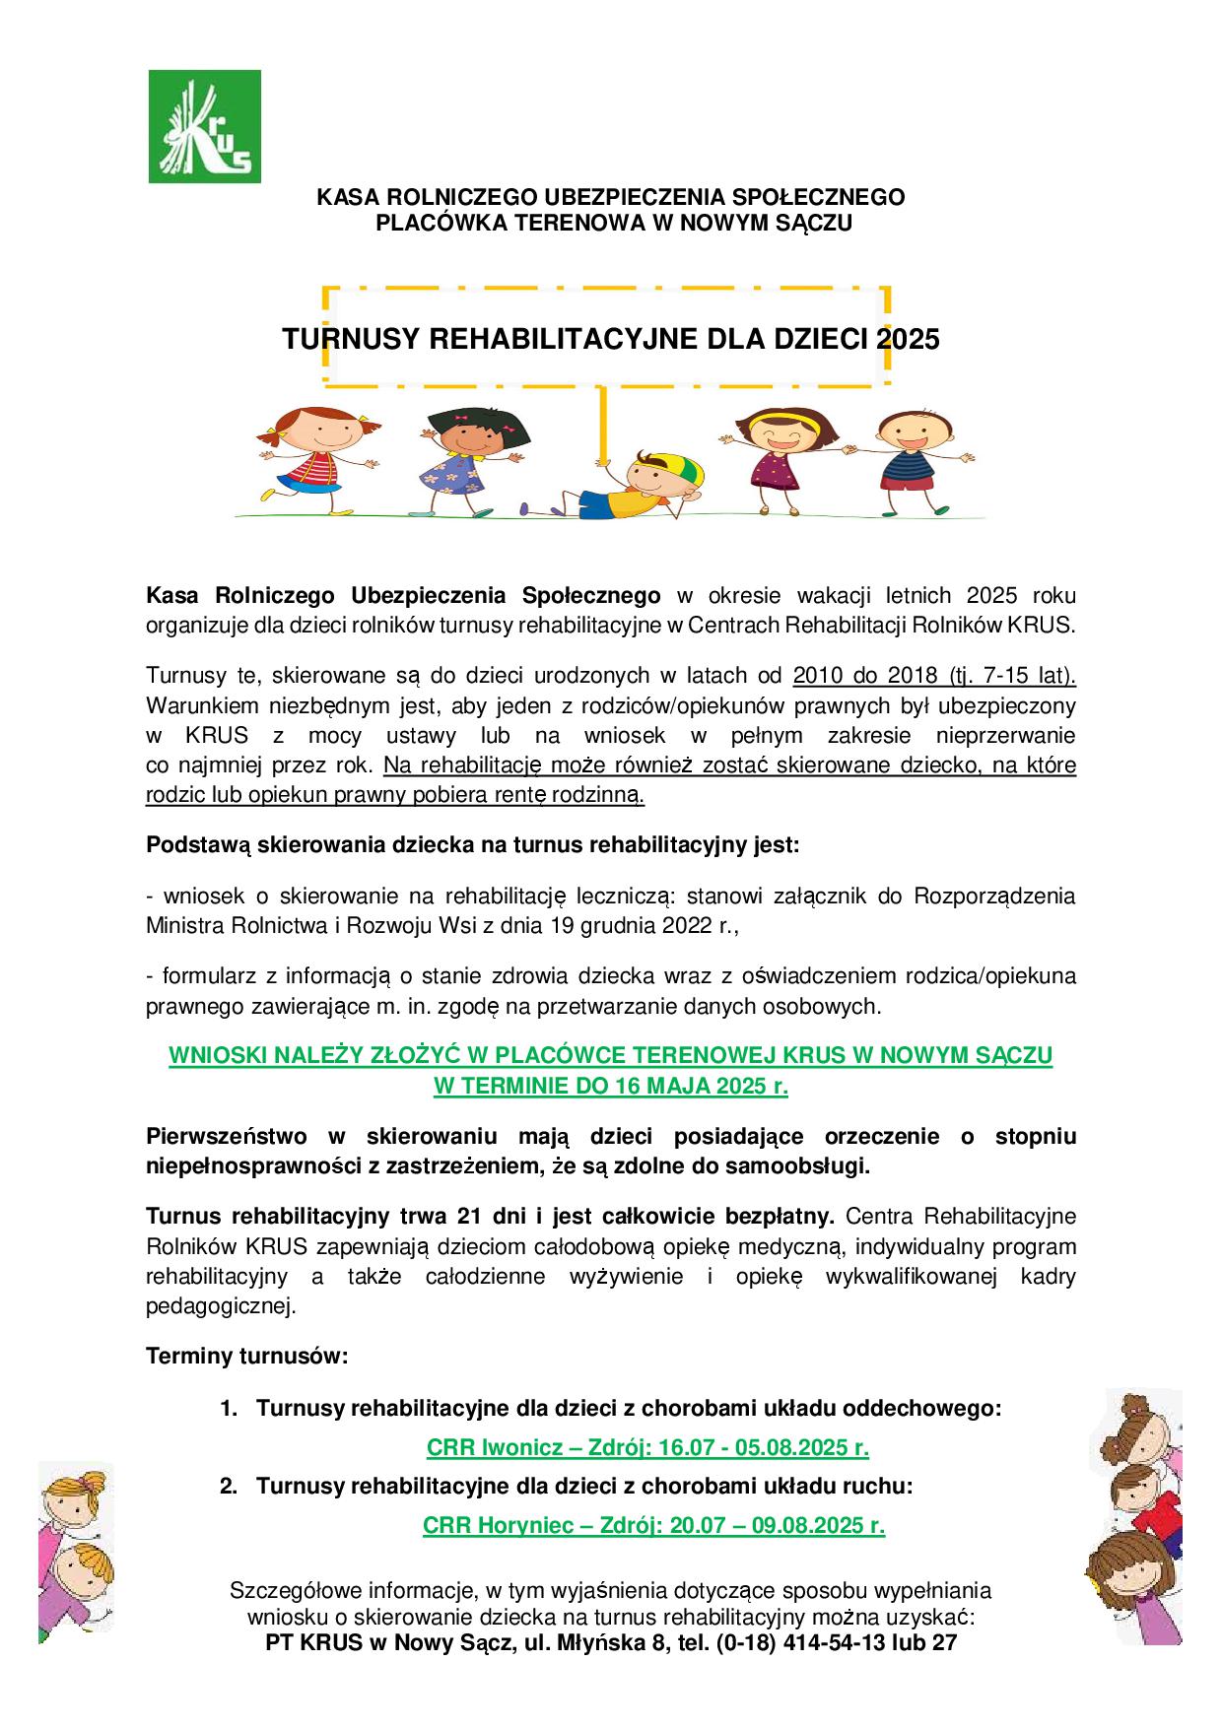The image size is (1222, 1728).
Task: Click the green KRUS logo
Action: click(x=204, y=126)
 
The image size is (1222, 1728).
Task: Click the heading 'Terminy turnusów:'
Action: click(x=247, y=1357)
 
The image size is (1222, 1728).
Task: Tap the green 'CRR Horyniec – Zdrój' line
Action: click(x=652, y=1525)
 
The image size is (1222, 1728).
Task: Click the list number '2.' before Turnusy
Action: click(x=229, y=1486)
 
